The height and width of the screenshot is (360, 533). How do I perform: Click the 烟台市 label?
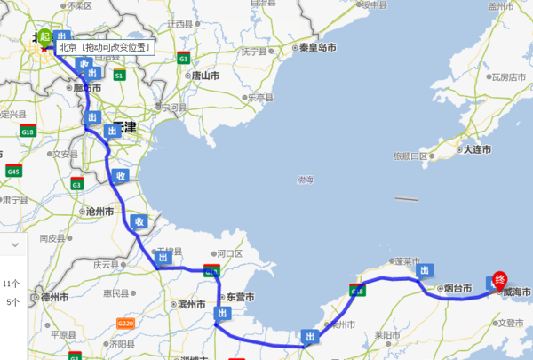click(x=457, y=289)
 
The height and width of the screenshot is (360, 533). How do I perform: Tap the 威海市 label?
click(x=516, y=292)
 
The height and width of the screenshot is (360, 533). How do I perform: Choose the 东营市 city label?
click(x=240, y=297)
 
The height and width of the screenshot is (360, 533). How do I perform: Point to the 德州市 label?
click(x=55, y=297)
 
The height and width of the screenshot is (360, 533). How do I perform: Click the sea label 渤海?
click(x=306, y=180)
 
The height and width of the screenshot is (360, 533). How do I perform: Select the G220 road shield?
click(x=127, y=324)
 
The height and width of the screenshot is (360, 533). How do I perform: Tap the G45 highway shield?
click(x=12, y=171)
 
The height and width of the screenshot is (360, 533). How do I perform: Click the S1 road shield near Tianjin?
click(x=119, y=76)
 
